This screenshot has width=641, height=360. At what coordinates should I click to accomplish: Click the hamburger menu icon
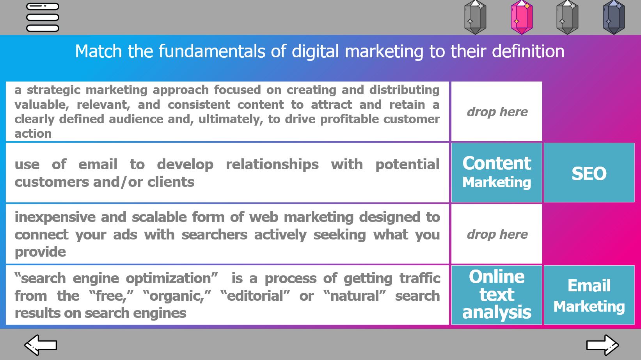pyautogui.click(x=43, y=17)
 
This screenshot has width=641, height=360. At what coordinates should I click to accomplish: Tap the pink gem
pyautogui.click(x=521, y=17)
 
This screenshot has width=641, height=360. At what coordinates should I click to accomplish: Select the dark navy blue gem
pyautogui.click(x=614, y=17)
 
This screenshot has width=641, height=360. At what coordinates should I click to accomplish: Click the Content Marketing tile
pyautogui.click(x=497, y=172)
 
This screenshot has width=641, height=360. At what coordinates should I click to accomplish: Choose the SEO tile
pyautogui.click(x=589, y=172)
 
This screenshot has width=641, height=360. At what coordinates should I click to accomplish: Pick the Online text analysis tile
pyautogui.click(x=497, y=295)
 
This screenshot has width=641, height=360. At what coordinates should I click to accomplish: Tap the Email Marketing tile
pyautogui.click(x=589, y=295)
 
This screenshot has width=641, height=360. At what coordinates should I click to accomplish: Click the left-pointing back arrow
pyautogui.click(x=41, y=345)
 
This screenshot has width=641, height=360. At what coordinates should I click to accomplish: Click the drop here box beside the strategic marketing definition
pyautogui.click(x=497, y=111)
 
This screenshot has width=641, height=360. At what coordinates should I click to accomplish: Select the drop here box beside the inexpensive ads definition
pyautogui.click(x=497, y=234)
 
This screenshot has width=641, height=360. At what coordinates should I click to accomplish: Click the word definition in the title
pyautogui.click(x=528, y=51)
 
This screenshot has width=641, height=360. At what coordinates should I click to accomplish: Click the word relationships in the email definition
pyautogui.click(x=272, y=165)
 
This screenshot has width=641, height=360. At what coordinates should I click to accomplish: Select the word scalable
pyautogui.click(x=159, y=217)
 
